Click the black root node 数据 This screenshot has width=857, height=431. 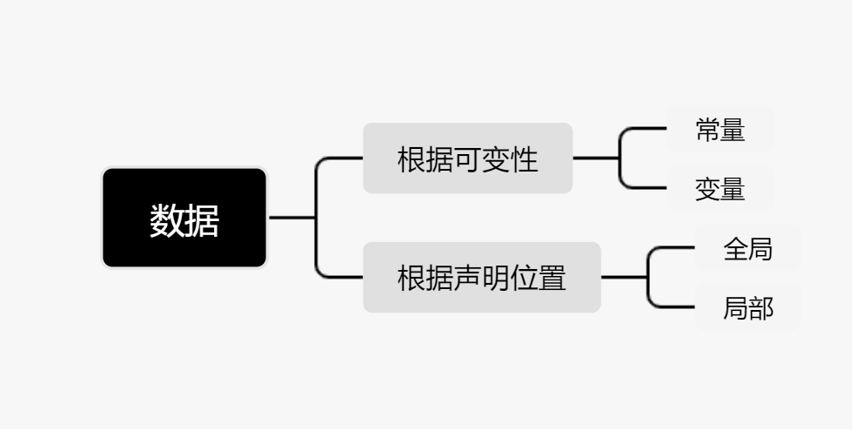[184, 218]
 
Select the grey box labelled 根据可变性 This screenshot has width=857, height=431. [467, 158]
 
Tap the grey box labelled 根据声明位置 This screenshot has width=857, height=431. [481, 278]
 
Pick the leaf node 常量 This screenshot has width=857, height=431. [720, 130]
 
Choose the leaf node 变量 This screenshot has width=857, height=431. [720, 188]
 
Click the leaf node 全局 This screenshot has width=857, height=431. [747, 249]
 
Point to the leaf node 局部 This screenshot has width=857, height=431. [747, 307]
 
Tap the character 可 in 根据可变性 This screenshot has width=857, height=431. [467, 160]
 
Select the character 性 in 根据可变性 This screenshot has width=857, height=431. [525, 160]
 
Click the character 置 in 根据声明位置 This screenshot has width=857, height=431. [552, 279]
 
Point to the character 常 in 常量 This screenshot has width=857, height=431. [707, 131]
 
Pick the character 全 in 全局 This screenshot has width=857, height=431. [735, 250]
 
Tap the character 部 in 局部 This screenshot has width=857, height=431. [761, 308]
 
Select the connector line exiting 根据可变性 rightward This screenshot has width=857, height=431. [595, 158]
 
